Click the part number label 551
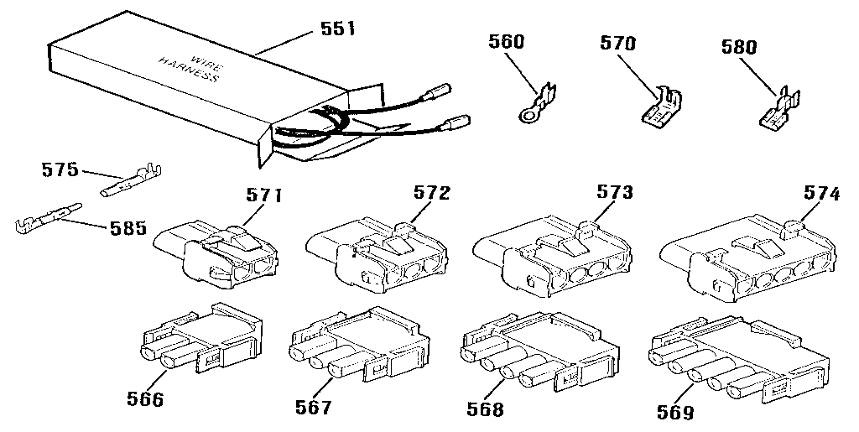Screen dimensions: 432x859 coord(338,29)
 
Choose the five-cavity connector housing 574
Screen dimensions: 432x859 coord(747,259)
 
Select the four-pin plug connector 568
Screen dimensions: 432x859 coord(536,352)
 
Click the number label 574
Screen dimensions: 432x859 coord(820,194)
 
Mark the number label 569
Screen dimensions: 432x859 coord(677,412)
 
